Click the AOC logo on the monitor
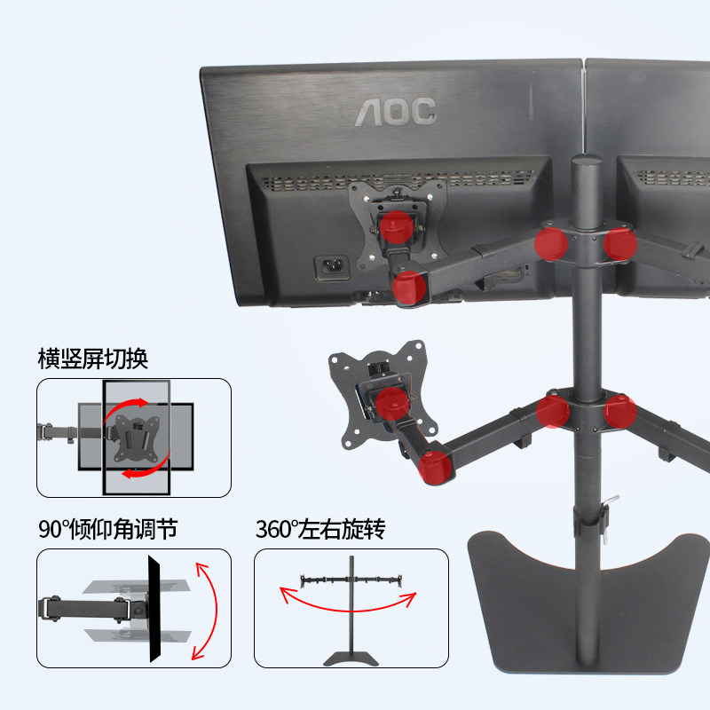coord(396,111)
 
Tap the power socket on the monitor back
coord(330,266)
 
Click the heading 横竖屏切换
coord(92,359)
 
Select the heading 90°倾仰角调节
coord(107,530)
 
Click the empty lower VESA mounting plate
coord(373,390)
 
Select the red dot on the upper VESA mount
coord(396,229)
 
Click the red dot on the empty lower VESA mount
coord(390,405)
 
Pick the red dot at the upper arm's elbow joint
coord(409,288)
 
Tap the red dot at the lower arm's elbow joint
coord(434,464)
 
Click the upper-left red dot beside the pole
coord(552,242)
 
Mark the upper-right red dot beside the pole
coord(619,243)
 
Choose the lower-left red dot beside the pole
coord(553,412)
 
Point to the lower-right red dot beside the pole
coord(619,413)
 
